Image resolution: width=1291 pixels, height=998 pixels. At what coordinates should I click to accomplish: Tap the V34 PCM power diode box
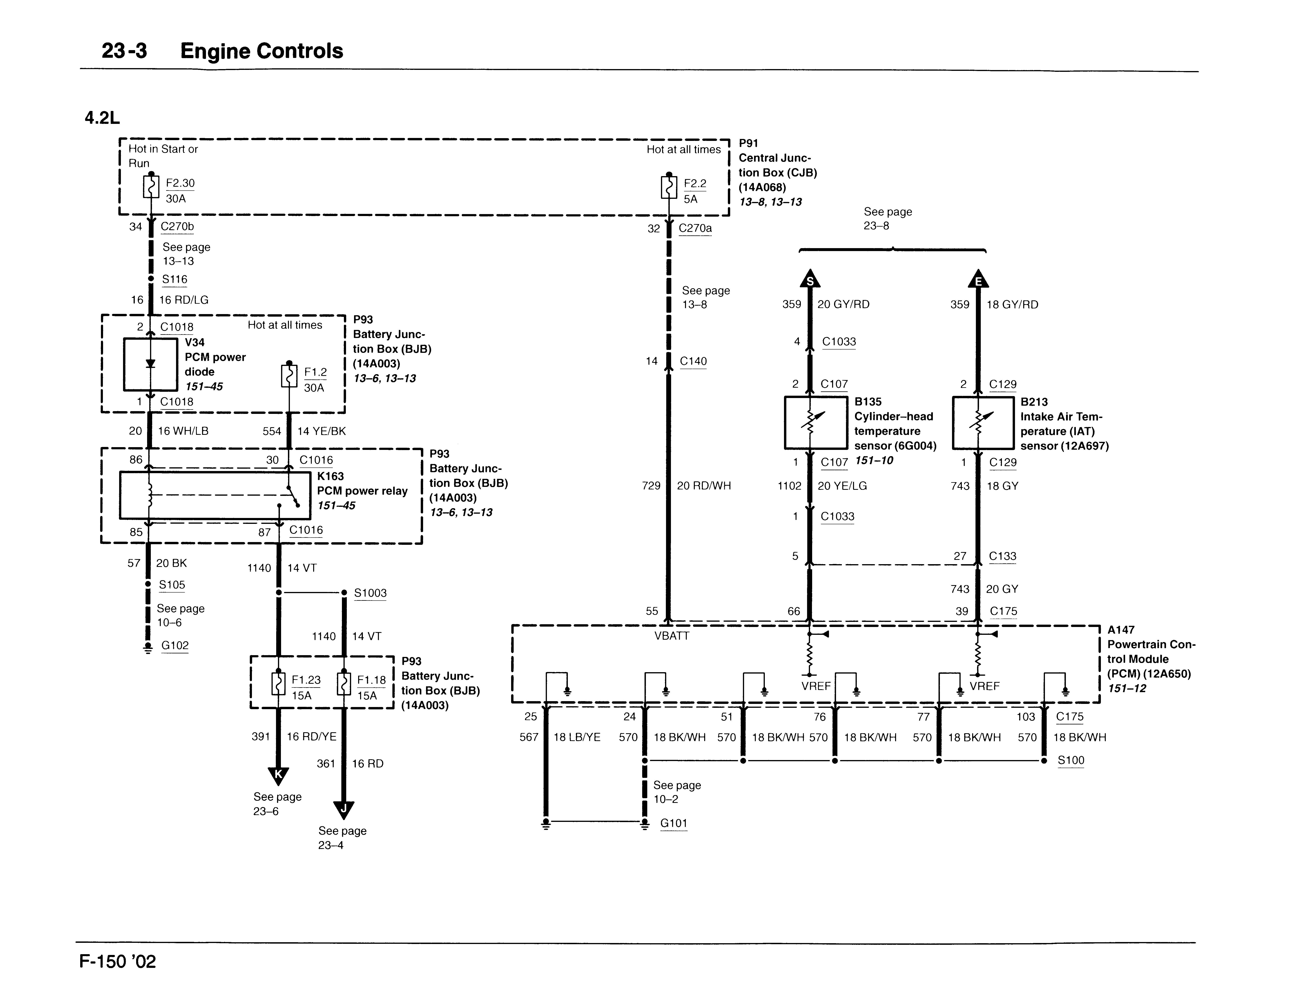pos(151,364)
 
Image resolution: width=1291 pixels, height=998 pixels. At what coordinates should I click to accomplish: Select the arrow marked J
pos(343,810)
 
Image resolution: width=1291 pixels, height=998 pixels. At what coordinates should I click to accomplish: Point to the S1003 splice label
pos(370,593)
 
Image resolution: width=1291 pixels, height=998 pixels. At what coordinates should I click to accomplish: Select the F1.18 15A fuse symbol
pos(343,684)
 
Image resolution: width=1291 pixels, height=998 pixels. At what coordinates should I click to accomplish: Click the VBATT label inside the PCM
pos(672,636)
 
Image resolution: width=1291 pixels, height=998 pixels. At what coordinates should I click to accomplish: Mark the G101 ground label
pos(674,823)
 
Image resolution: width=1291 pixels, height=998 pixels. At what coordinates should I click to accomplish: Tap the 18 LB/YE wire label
pos(577,737)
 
